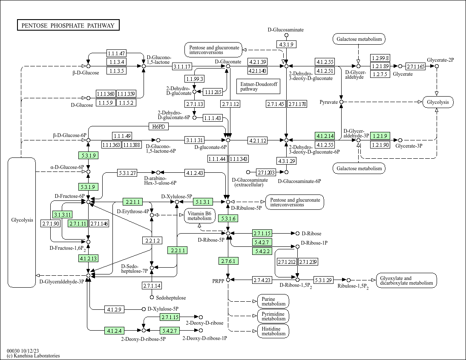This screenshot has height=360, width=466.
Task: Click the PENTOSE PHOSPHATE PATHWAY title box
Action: [68, 26]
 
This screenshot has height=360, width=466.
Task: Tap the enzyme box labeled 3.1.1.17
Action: [182, 66]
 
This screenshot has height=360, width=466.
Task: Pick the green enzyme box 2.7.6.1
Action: [228, 260]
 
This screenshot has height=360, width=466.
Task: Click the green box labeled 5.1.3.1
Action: [203, 201]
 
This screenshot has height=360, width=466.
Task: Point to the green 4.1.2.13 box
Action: [88, 258]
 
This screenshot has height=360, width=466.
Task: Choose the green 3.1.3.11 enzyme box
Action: [62, 214]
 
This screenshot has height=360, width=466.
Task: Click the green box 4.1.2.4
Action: [115, 330]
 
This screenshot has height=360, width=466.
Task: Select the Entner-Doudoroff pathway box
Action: [258, 87]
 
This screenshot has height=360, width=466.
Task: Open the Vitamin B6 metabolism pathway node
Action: [199, 216]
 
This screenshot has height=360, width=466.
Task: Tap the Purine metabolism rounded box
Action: [273, 301]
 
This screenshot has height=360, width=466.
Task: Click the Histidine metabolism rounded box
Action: [273, 331]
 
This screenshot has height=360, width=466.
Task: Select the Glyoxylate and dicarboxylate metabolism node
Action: [406, 280]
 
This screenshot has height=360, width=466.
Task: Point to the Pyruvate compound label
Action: [328, 103]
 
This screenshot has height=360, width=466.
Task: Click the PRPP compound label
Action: [218, 281]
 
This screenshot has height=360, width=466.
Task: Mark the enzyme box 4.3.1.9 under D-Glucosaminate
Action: [286, 44]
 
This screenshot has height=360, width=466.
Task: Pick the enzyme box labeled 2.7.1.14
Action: [152, 286]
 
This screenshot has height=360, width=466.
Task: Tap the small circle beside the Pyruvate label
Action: [341, 102]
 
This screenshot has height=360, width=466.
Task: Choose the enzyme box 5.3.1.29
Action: [323, 280]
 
